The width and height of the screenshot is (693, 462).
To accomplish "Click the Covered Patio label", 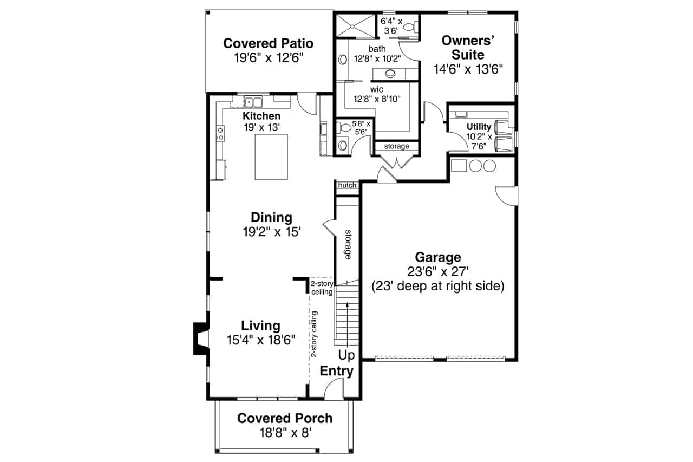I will click(268, 43).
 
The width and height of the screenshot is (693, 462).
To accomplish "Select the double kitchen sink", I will click(252, 101).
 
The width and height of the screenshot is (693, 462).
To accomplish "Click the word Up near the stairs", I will click(346, 355).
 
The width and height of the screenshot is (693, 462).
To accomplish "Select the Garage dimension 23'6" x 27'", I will click(437, 271).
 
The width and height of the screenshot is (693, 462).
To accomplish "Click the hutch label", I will click(347, 185).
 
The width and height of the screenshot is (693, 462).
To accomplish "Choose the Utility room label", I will click(479, 127).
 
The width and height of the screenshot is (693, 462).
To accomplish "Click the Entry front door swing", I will click(335, 389).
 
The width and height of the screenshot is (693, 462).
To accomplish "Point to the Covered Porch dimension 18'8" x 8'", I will click(285, 432).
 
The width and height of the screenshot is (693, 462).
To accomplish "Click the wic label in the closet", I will click(377, 89).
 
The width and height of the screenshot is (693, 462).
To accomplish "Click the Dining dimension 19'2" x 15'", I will click(271, 232).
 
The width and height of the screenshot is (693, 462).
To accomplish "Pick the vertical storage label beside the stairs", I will click(348, 244).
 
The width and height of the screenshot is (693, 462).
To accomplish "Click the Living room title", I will click(260, 326).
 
